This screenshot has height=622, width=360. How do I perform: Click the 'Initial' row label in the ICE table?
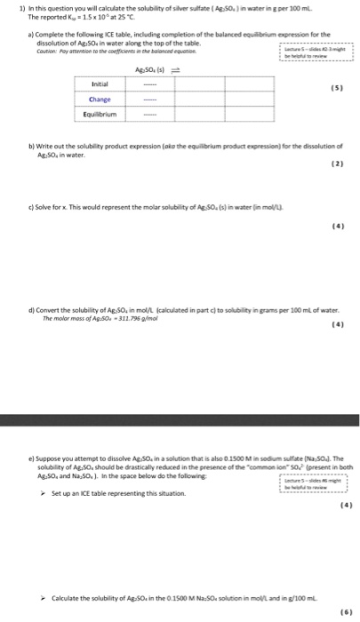click(100, 84)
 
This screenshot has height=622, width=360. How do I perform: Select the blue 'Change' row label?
click(100, 100)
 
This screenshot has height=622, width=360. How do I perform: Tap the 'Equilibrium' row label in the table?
click(100, 114)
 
